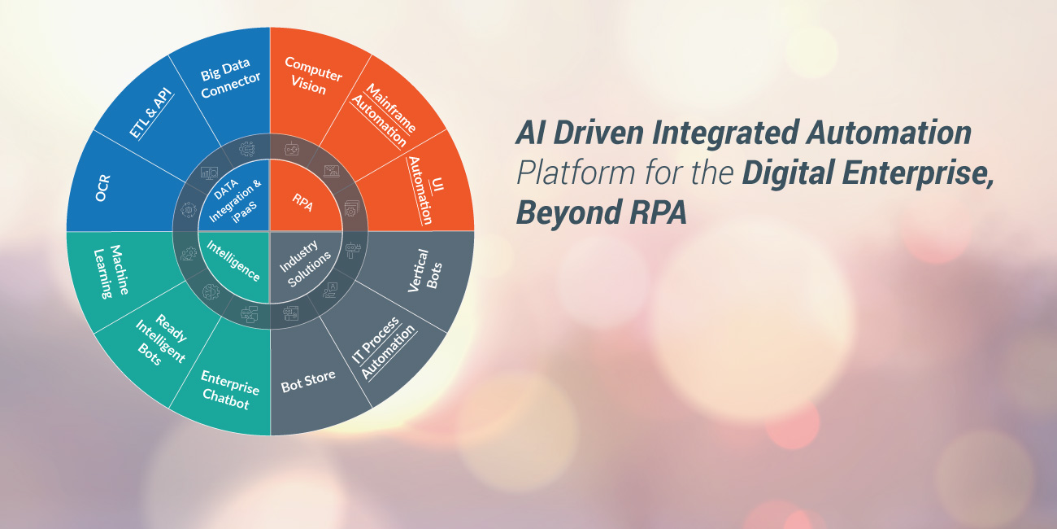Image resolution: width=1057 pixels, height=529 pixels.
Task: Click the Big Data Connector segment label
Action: pos(230,79)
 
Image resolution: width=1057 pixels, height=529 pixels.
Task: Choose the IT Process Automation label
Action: pos(383,348)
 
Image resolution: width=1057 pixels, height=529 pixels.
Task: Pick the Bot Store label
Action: pos(308,381)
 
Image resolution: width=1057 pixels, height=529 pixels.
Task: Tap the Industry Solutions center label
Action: pos(304,265)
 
